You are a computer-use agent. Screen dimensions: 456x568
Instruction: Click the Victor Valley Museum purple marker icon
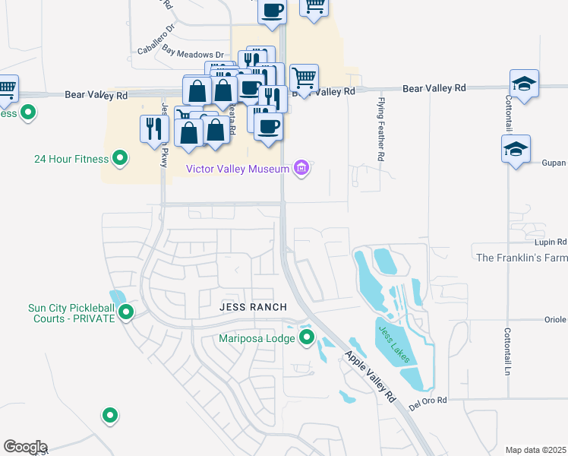coord(301,168)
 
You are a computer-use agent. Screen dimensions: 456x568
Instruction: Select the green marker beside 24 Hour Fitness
coord(119,158)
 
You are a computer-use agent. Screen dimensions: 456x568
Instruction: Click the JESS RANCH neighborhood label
coord(253,307)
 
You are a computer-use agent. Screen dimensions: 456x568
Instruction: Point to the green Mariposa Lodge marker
coord(307,337)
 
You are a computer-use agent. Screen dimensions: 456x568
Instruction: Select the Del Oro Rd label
coord(426,400)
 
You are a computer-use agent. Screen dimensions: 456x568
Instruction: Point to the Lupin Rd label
coord(551,242)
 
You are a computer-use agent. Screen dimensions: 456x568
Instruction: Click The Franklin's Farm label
coord(521,258)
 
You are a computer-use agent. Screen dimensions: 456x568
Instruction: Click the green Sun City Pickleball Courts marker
coord(126,312)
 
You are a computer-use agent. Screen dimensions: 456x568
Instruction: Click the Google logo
coord(24,447)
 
